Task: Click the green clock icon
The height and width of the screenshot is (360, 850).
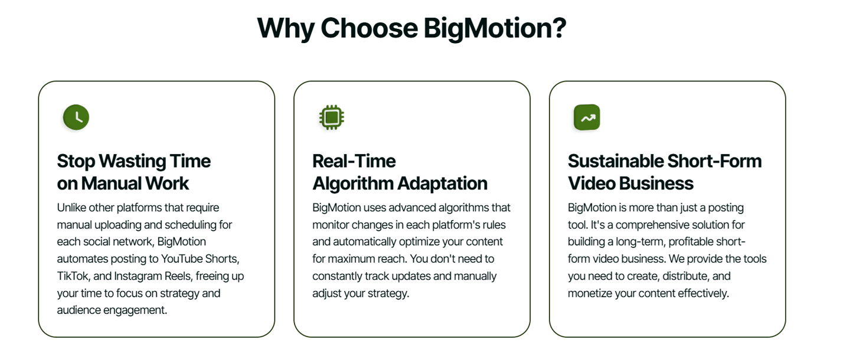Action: [76, 117]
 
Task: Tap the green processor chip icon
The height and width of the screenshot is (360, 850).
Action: [332, 117]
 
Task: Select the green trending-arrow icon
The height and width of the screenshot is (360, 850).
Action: [587, 117]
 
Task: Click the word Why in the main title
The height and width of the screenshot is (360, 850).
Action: [285, 28]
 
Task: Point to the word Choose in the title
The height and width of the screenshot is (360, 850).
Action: [370, 28]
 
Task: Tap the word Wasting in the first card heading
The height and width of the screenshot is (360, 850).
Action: [132, 162]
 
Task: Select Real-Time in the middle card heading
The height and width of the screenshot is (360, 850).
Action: [354, 161]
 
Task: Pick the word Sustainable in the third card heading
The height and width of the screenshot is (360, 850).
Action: [615, 161]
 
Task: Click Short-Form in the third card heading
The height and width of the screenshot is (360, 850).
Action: [714, 161]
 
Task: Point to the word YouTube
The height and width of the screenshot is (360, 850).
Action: [182, 258]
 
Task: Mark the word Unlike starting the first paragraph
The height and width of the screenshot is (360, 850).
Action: [71, 208]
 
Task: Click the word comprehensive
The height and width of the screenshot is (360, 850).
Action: [646, 225]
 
